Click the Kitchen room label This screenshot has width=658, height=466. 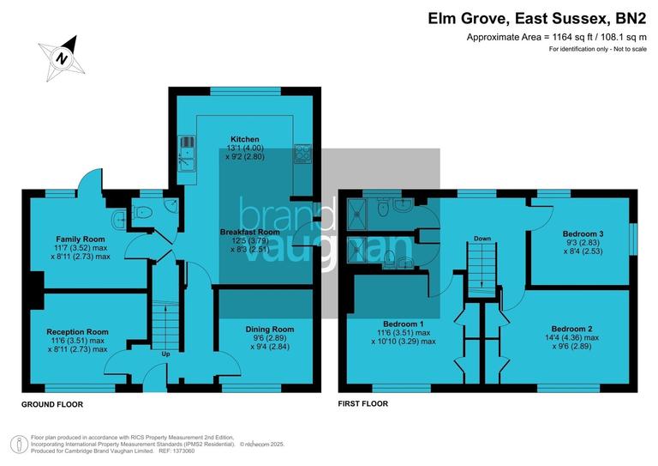tap(244, 139)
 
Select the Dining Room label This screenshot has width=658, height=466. tap(270, 329)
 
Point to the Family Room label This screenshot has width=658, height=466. tap(81, 239)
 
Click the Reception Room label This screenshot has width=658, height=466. tap(78, 331)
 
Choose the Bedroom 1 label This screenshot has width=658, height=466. tap(404, 323)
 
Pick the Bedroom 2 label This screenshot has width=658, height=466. tap(572, 329)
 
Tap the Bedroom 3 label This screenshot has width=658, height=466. tap(583, 233)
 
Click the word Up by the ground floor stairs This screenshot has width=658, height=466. tap(165, 353)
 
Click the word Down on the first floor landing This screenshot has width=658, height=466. tap(482, 239)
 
